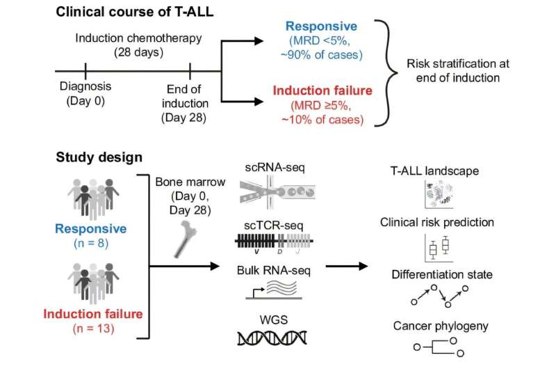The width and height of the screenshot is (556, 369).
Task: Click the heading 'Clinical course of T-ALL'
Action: click(x=135, y=12)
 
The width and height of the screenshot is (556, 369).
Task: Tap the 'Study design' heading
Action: click(x=99, y=157)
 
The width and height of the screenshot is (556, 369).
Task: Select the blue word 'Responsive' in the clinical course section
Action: click(x=321, y=26)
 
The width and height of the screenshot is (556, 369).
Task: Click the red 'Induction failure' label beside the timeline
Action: click(x=322, y=91)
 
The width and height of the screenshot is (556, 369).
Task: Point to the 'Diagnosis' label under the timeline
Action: click(x=85, y=86)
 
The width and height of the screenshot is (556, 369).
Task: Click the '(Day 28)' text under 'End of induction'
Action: click(x=183, y=118)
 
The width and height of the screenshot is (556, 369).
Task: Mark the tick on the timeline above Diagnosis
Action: click(x=85, y=71)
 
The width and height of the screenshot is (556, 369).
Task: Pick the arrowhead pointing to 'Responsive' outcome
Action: click(x=259, y=41)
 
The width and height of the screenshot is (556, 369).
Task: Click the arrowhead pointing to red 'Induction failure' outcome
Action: click(x=259, y=102)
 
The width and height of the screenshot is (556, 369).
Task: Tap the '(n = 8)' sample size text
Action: click(x=91, y=244)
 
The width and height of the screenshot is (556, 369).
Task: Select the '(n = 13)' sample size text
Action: click(x=93, y=329)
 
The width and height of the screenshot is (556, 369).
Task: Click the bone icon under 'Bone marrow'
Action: click(x=186, y=239)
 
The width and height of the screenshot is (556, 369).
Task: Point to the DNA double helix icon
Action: click(x=272, y=338)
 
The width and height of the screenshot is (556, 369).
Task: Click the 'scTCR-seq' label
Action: click(x=273, y=226)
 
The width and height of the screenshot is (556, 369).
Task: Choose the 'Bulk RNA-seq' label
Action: click(x=273, y=271)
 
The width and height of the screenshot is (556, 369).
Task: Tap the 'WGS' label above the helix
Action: click(x=273, y=320)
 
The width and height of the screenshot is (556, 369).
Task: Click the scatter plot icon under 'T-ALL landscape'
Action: click(x=439, y=194)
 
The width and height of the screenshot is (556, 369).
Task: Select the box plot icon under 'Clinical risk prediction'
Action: click(x=439, y=248)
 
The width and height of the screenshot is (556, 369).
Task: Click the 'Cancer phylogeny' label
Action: click(x=441, y=326)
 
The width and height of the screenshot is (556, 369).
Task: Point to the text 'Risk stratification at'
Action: click(x=458, y=64)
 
